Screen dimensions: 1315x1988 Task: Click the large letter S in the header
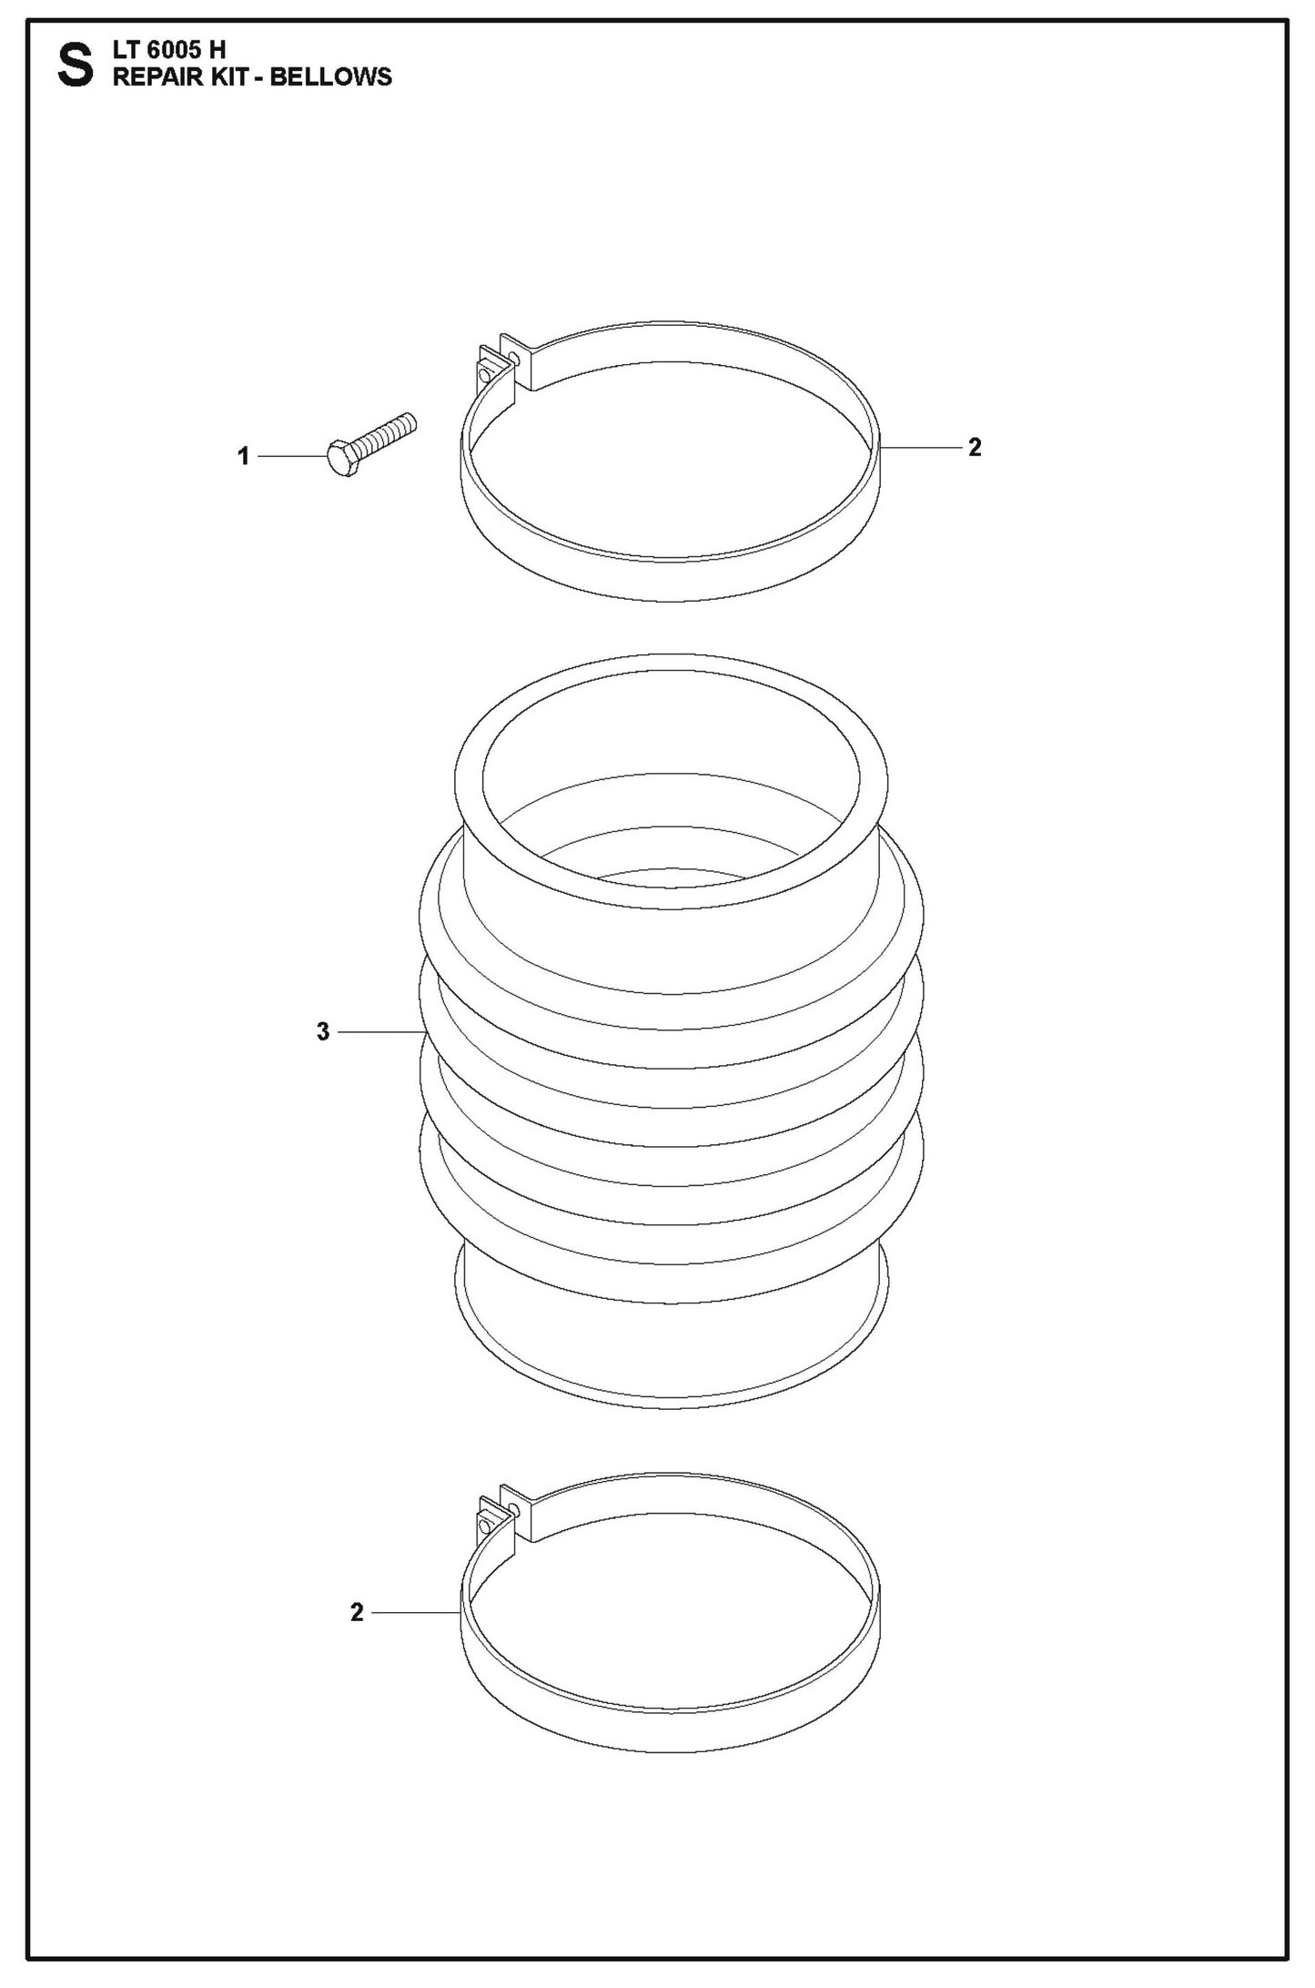[x=76, y=67]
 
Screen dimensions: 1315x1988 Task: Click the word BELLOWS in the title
[x=331, y=76]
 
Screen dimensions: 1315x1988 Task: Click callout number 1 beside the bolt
[x=243, y=456]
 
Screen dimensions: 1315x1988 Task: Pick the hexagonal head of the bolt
[x=340, y=461]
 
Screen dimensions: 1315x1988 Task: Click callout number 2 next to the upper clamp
[x=975, y=447]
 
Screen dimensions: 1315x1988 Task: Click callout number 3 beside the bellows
[x=323, y=1031]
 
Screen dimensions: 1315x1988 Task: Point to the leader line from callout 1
[x=291, y=455]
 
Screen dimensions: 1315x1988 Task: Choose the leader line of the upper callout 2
[x=921, y=447]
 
